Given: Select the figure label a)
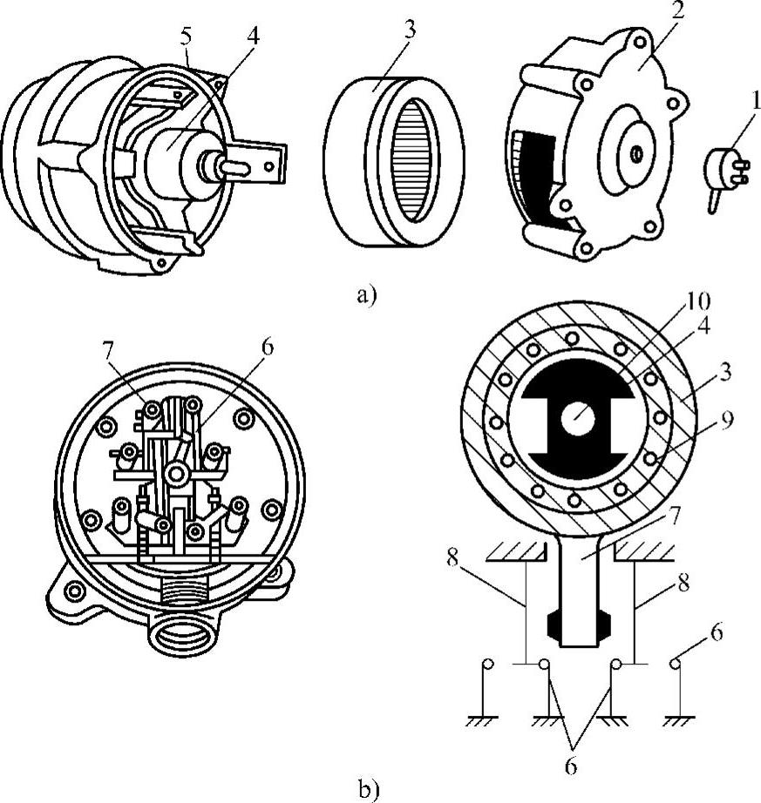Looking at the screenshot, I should [x=366, y=295].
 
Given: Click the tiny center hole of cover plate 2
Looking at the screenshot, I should [x=637, y=153].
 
